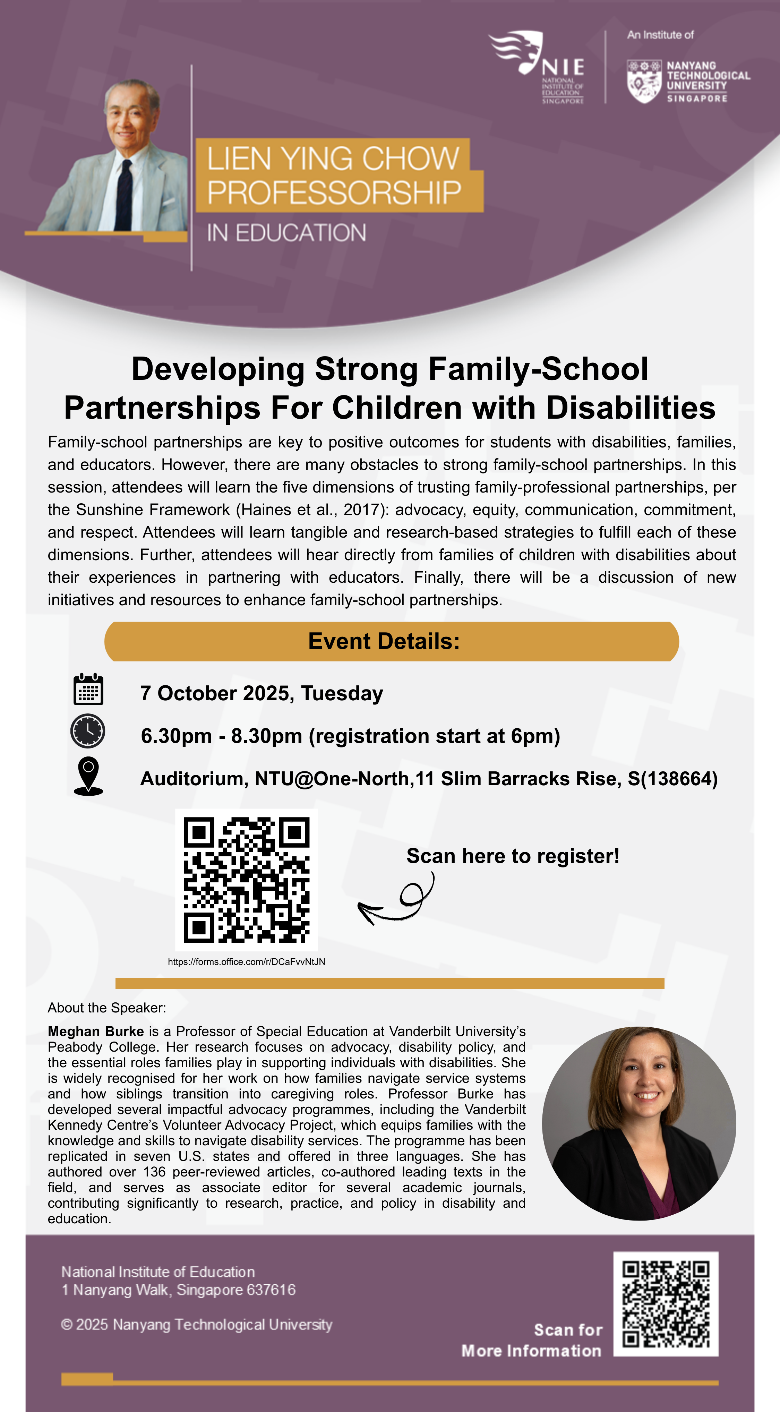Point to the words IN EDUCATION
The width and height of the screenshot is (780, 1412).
286,233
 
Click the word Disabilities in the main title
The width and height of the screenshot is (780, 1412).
631,408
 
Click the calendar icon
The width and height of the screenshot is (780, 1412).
88,690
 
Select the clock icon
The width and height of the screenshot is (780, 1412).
88,731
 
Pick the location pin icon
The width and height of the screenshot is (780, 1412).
88,776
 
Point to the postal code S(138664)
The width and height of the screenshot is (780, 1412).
672,779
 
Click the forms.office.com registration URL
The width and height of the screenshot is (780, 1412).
246,961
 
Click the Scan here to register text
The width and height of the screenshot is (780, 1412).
513,856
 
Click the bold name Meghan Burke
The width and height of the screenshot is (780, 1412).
95,1031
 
